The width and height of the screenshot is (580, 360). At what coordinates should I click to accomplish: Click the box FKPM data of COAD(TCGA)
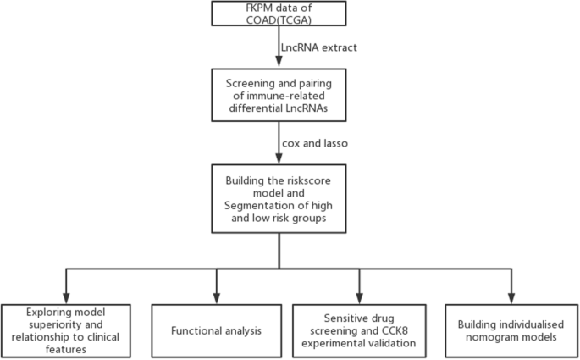click(x=279, y=14)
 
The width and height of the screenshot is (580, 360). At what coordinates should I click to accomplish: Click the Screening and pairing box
click(x=279, y=91)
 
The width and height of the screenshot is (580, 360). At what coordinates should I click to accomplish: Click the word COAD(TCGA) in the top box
click(x=279, y=21)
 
